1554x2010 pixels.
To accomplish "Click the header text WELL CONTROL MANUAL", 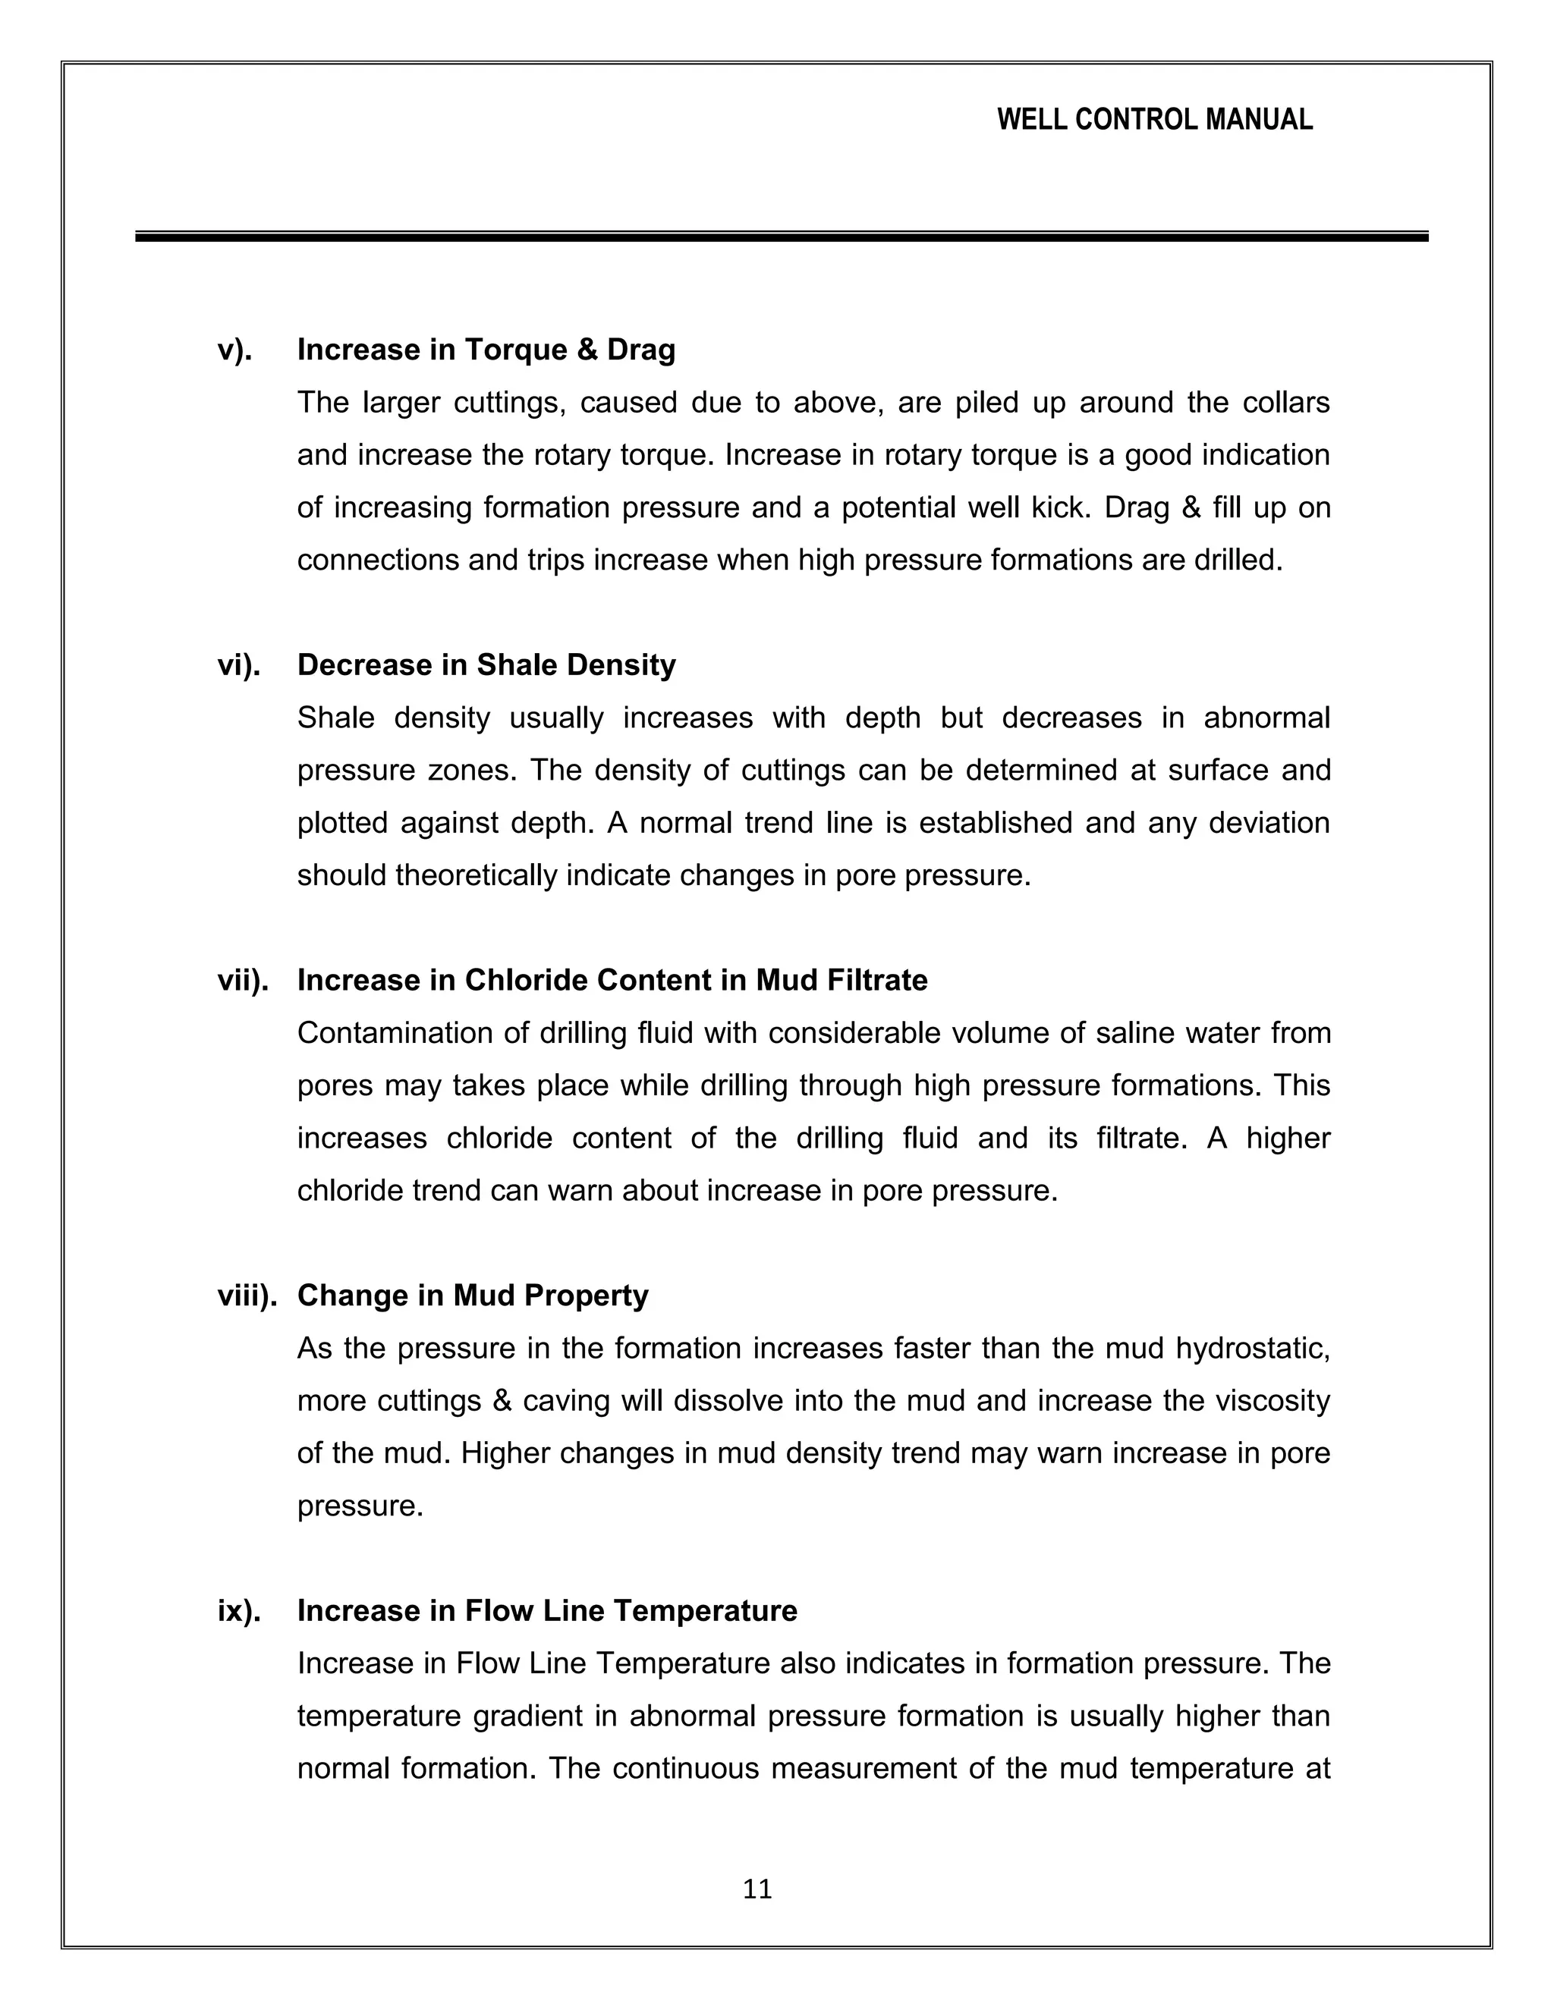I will [x=1154, y=120].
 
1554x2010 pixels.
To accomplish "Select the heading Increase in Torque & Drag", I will [x=486, y=350].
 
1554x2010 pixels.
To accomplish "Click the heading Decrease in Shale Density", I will [x=486, y=664].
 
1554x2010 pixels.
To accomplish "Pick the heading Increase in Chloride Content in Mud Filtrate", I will [x=612, y=980].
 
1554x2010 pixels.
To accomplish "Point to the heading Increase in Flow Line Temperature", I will [x=547, y=1610].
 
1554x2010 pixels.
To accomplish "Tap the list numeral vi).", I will [x=238, y=664].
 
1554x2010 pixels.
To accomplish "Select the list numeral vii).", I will [x=242, y=980].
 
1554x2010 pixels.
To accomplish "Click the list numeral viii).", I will [x=247, y=1295].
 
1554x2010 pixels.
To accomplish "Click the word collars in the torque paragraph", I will [x=1285, y=402].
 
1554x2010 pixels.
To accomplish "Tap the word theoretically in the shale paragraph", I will [x=476, y=875].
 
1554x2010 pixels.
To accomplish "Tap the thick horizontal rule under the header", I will [x=781, y=237].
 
